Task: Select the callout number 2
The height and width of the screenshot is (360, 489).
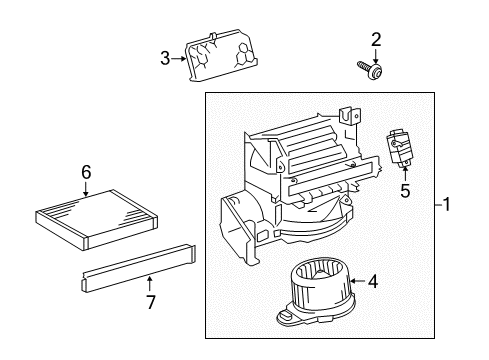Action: (376, 40)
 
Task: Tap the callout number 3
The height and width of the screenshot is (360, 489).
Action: (166, 59)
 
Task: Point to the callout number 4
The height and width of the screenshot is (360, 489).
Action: (372, 282)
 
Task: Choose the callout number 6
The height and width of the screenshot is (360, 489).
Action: (86, 171)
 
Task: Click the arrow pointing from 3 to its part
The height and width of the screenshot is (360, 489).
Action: (180, 59)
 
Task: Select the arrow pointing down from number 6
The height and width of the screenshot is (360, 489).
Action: (86, 187)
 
